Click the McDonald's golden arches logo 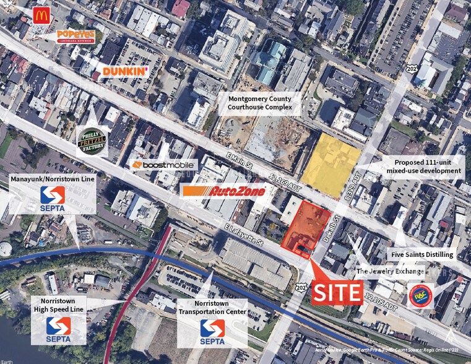(41, 15)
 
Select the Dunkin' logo (124, 71)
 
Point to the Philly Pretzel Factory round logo (92, 142)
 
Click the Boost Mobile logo (163, 165)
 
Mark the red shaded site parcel (306, 227)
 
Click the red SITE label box (337, 292)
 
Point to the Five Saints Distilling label (421, 254)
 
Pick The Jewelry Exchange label (390, 271)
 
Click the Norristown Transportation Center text (212, 308)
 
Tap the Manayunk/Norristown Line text (53, 179)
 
